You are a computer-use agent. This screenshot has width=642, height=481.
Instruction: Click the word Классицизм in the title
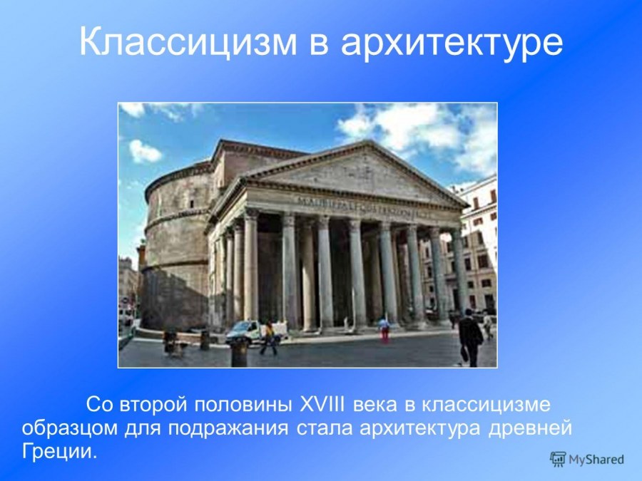point(185,42)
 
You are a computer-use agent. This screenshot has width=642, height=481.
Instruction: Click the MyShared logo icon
point(557,459)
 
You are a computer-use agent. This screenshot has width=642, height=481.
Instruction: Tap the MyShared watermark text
point(596,460)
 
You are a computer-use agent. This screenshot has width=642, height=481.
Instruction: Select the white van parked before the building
point(246,331)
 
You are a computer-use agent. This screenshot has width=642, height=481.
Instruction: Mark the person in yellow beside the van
point(269,337)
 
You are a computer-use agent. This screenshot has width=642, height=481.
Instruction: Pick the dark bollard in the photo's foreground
point(239,352)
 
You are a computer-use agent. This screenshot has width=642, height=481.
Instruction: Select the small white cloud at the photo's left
point(145,151)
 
